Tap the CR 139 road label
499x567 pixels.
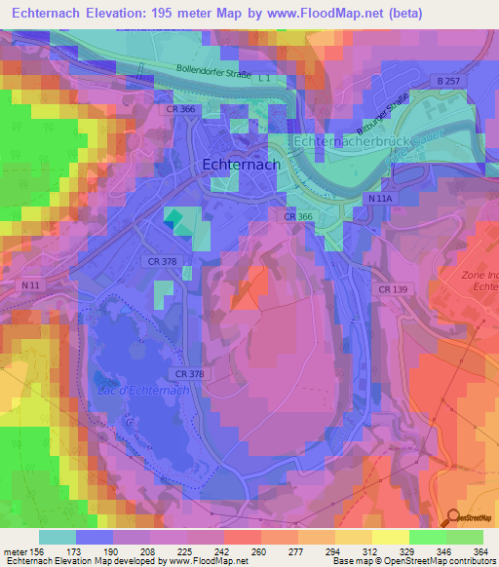[393, 289]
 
